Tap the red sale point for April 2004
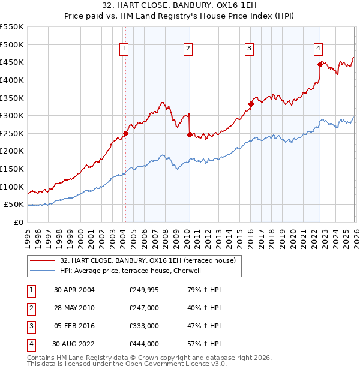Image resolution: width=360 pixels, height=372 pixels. (x=126, y=133)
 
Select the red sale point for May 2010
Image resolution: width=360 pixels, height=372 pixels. (x=190, y=134)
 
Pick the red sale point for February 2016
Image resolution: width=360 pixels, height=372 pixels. (x=251, y=104)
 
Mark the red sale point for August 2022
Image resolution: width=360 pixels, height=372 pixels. (x=320, y=64)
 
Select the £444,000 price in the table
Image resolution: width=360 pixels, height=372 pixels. (x=144, y=344)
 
